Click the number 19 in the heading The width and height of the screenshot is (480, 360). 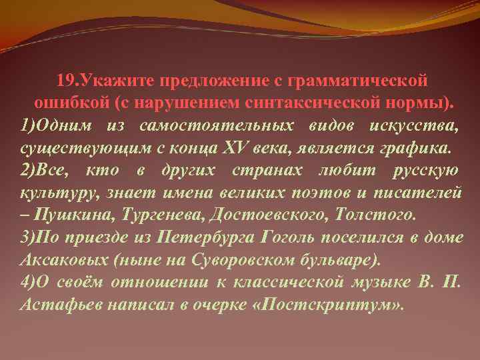(66, 81)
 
